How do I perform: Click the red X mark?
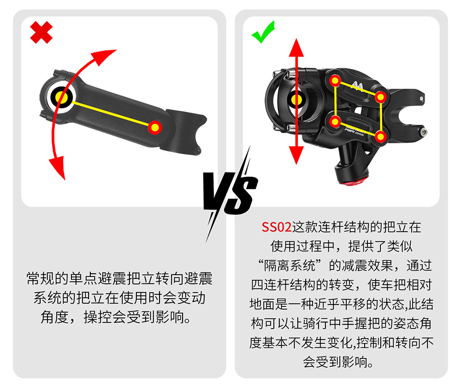(41, 32)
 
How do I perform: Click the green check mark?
(263, 33)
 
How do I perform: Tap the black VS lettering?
(231, 193)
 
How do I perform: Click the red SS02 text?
(276, 227)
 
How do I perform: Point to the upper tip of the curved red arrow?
(116, 50)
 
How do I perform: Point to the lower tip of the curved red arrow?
(64, 179)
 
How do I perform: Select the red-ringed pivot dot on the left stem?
(154, 128)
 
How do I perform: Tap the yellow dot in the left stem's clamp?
(61, 97)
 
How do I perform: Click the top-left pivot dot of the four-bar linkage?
(335, 81)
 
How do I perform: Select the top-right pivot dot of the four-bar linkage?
(380, 97)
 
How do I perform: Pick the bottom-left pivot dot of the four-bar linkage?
(335, 121)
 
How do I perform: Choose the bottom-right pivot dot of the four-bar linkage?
(380, 137)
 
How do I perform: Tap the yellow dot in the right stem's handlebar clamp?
(296, 100)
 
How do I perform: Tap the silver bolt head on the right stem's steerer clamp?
(423, 132)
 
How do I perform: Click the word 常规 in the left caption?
(40, 278)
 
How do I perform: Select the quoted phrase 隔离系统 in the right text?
(290, 266)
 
